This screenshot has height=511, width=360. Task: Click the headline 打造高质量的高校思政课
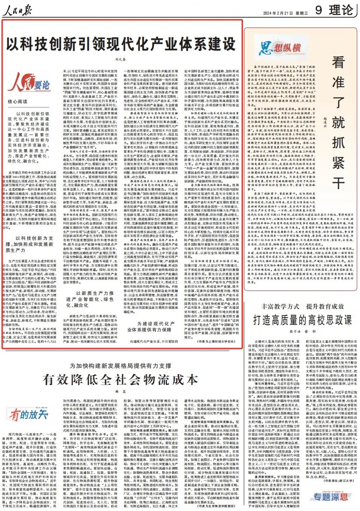298,319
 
